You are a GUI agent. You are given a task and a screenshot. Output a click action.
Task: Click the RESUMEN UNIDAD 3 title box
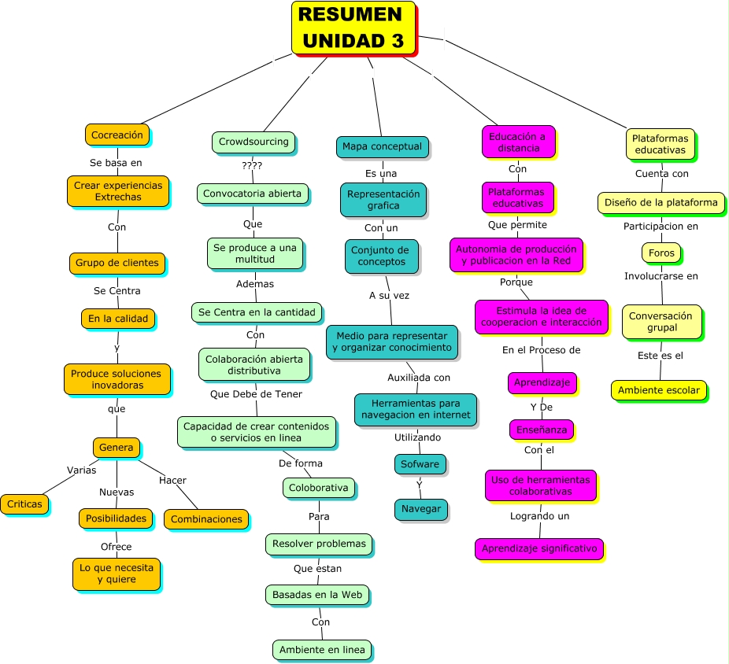pyautogui.click(x=353, y=28)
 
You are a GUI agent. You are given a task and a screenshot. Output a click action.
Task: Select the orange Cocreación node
pyautogui.click(x=117, y=135)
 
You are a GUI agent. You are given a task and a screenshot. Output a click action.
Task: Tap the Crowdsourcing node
pyautogui.click(x=253, y=142)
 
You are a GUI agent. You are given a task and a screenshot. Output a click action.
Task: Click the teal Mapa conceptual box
pyautogui.click(x=382, y=146)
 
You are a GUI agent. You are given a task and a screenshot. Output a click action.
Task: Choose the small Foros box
pyautogui.click(x=661, y=253)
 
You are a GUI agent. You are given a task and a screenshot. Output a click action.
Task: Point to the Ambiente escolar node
pyautogui.click(x=658, y=390)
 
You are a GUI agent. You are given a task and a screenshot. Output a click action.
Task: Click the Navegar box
pyautogui.click(x=421, y=509)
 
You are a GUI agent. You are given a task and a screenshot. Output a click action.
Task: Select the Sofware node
pyautogui.click(x=420, y=464)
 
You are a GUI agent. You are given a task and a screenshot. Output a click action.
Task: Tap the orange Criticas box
pyautogui.click(x=24, y=504)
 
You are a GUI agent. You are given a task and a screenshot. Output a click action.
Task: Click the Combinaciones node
pyautogui.click(x=206, y=519)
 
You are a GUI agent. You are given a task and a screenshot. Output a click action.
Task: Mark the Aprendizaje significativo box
pyautogui.click(x=538, y=548)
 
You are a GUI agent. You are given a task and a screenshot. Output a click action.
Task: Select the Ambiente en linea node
pyautogui.click(x=322, y=650)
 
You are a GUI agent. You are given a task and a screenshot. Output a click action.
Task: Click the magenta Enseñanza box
pyautogui.click(x=541, y=430)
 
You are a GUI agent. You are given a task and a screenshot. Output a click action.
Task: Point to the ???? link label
pyautogui.click(x=252, y=166)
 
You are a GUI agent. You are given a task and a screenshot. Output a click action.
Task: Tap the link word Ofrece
pyautogui.click(x=116, y=547)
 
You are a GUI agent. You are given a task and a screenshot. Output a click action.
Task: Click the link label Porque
pyautogui.click(x=516, y=282)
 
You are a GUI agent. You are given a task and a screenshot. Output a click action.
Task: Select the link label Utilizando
pyautogui.click(x=418, y=437)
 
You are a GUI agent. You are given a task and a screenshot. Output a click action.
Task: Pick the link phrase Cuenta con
pyautogui.click(x=662, y=174)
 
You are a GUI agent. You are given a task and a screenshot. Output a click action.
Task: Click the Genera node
pyautogui.click(x=117, y=448)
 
